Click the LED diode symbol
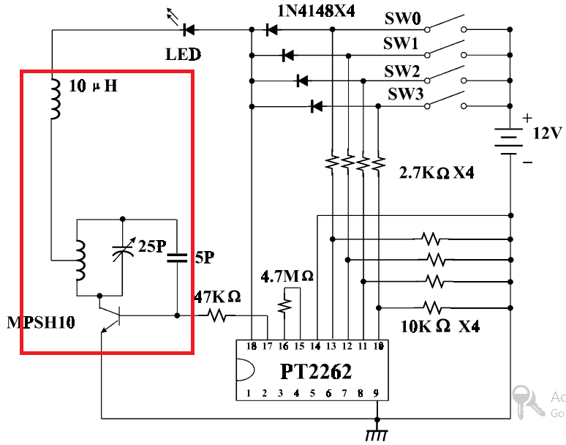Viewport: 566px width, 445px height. [189, 29]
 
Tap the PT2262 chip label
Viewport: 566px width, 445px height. [315, 371]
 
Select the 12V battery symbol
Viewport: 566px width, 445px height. [509, 141]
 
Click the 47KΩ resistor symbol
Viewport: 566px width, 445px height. [216, 315]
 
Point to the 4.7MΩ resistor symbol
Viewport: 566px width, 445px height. [284, 306]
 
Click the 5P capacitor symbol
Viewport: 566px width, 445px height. [177, 258]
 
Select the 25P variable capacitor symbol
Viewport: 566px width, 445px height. [122, 249]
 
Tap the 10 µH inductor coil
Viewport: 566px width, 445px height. [56, 99]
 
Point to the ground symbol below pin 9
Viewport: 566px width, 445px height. [377, 435]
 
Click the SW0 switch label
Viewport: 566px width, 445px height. [402, 18]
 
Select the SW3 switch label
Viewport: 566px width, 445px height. [405, 94]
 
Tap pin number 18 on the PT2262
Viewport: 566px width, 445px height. [252, 346]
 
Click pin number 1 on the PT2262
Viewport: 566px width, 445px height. [249, 393]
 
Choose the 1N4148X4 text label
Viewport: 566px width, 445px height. [316, 11]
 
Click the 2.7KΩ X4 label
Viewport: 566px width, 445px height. [437, 173]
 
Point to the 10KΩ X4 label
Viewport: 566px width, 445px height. [440, 326]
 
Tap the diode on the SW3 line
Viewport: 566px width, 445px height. [317, 106]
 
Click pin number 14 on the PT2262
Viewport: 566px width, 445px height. [315, 346]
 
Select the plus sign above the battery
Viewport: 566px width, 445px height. [527, 118]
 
